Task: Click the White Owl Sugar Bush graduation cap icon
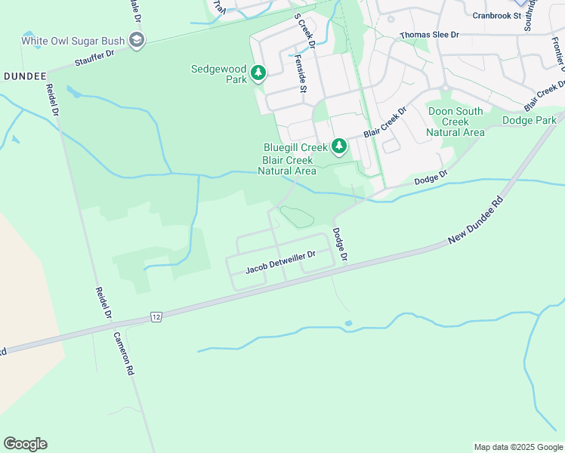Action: pyautogui.click(x=137, y=41)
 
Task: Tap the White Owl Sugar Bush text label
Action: pyautogui.click(x=73, y=41)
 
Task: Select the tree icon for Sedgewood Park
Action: pyautogui.click(x=259, y=73)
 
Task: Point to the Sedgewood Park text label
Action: pyautogui.click(x=219, y=73)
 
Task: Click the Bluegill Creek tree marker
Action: pyautogui.click(x=339, y=146)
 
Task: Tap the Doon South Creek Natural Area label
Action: pyautogui.click(x=455, y=122)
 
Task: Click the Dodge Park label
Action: pyautogui.click(x=529, y=120)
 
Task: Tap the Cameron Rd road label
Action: pyautogui.click(x=124, y=354)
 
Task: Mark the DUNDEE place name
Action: pyautogui.click(x=24, y=76)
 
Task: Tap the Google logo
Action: pyautogui.click(x=25, y=444)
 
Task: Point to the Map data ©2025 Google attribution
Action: pyautogui.click(x=517, y=447)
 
